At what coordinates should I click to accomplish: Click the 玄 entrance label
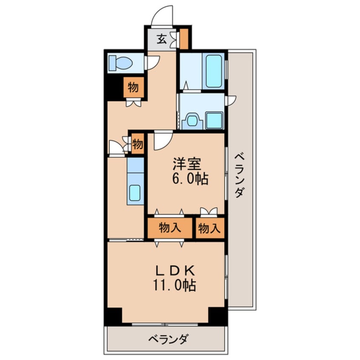point(162,39)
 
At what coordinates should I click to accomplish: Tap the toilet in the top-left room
point(120,63)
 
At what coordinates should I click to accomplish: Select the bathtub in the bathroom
point(214,71)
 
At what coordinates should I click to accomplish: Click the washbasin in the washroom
point(192,121)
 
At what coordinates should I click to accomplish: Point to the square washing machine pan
point(214,120)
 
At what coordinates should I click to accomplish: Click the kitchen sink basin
point(135,193)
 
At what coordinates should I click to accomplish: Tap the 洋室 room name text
point(187,164)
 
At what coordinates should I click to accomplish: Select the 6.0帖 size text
point(190,179)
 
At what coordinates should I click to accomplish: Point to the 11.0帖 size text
point(174,285)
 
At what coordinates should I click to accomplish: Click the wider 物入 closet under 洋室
point(170,228)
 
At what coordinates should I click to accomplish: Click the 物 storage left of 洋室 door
point(138,144)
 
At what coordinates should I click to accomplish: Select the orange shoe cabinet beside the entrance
point(184,39)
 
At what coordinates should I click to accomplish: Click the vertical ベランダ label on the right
point(239,176)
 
